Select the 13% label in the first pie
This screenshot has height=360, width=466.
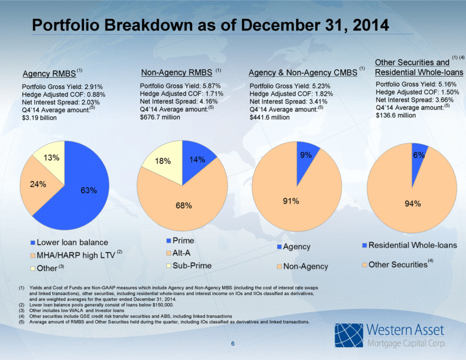click(x=52, y=158)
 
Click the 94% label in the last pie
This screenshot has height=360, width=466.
click(x=413, y=204)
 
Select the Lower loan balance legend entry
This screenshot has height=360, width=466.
click(x=69, y=242)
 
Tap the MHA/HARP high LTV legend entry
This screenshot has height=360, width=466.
click(x=77, y=255)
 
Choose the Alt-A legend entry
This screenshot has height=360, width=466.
click(x=178, y=253)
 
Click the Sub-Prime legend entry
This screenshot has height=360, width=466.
click(x=189, y=266)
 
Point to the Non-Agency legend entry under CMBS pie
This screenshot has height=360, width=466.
click(x=302, y=266)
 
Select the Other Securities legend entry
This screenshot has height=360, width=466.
click(x=398, y=264)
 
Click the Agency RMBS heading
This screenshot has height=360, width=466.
click(x=49, y=74)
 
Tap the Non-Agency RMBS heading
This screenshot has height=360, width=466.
click(x=177, y=72)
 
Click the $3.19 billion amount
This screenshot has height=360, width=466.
click(x=39, y=118)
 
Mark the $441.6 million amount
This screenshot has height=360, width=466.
click(x=270, y=117)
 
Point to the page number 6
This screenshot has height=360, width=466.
click(x=233, y=343)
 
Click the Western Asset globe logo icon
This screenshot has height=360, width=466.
click(x=349, y=335)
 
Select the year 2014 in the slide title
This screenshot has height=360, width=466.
click(x=371, y=25)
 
